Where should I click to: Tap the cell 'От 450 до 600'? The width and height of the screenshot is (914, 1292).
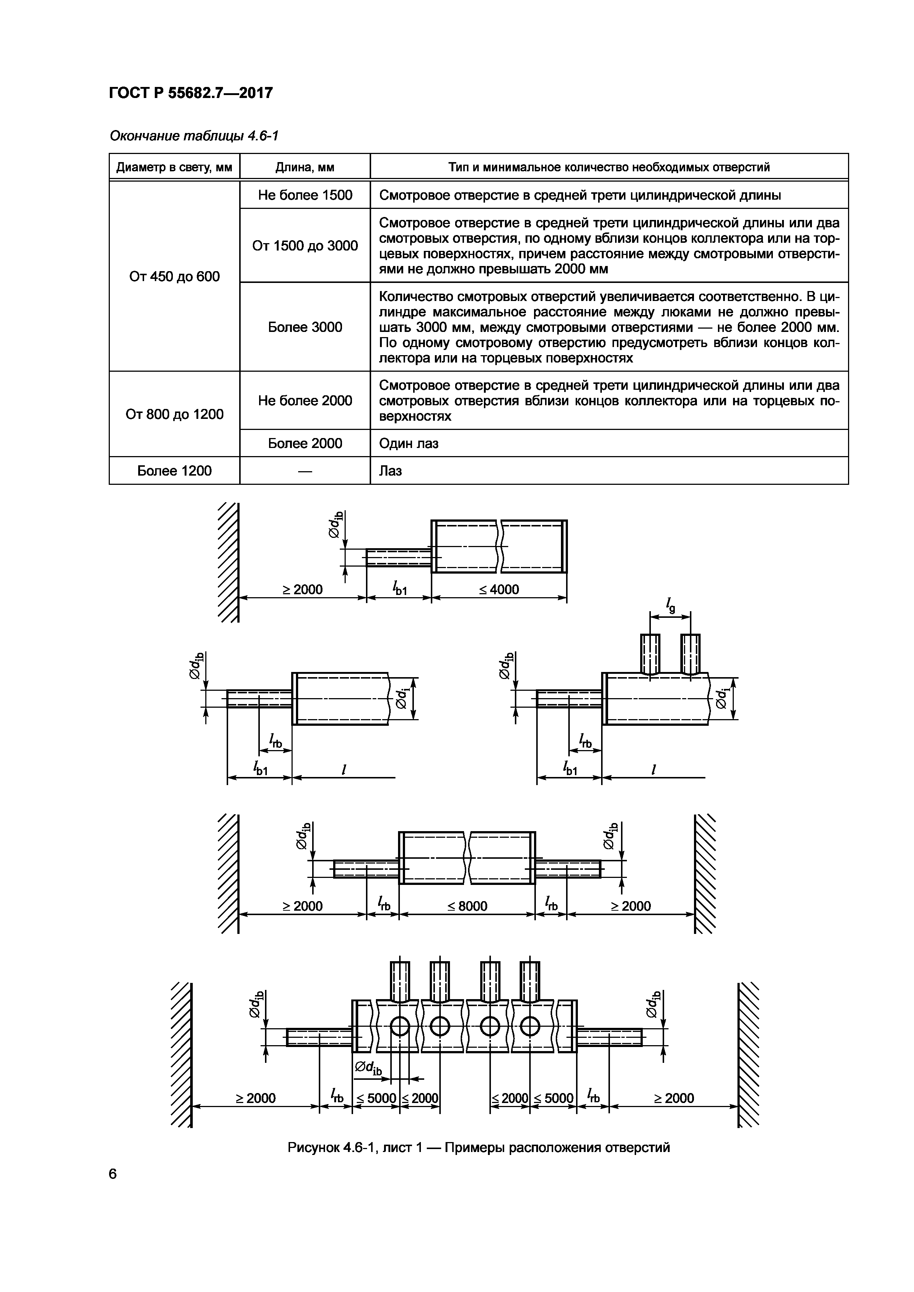coord(174,276)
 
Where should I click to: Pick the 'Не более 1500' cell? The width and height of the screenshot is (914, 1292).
coord(305,195)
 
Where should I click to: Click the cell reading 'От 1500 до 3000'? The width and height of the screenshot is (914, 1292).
coord(305,245)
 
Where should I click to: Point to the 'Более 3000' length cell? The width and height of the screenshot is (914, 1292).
coord(305,327)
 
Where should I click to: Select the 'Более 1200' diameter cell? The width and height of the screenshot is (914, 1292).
coord(174,470)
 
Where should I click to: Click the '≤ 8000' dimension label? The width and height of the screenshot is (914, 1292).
coord(467,906)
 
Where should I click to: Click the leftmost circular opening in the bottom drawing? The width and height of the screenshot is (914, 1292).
coord(400,1027)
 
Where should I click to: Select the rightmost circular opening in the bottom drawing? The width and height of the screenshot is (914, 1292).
coord(530,1027)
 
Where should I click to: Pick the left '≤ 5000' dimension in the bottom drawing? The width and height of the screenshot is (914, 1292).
coord(376,1098)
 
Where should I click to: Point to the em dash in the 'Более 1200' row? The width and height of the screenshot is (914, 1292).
coord(305,471)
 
